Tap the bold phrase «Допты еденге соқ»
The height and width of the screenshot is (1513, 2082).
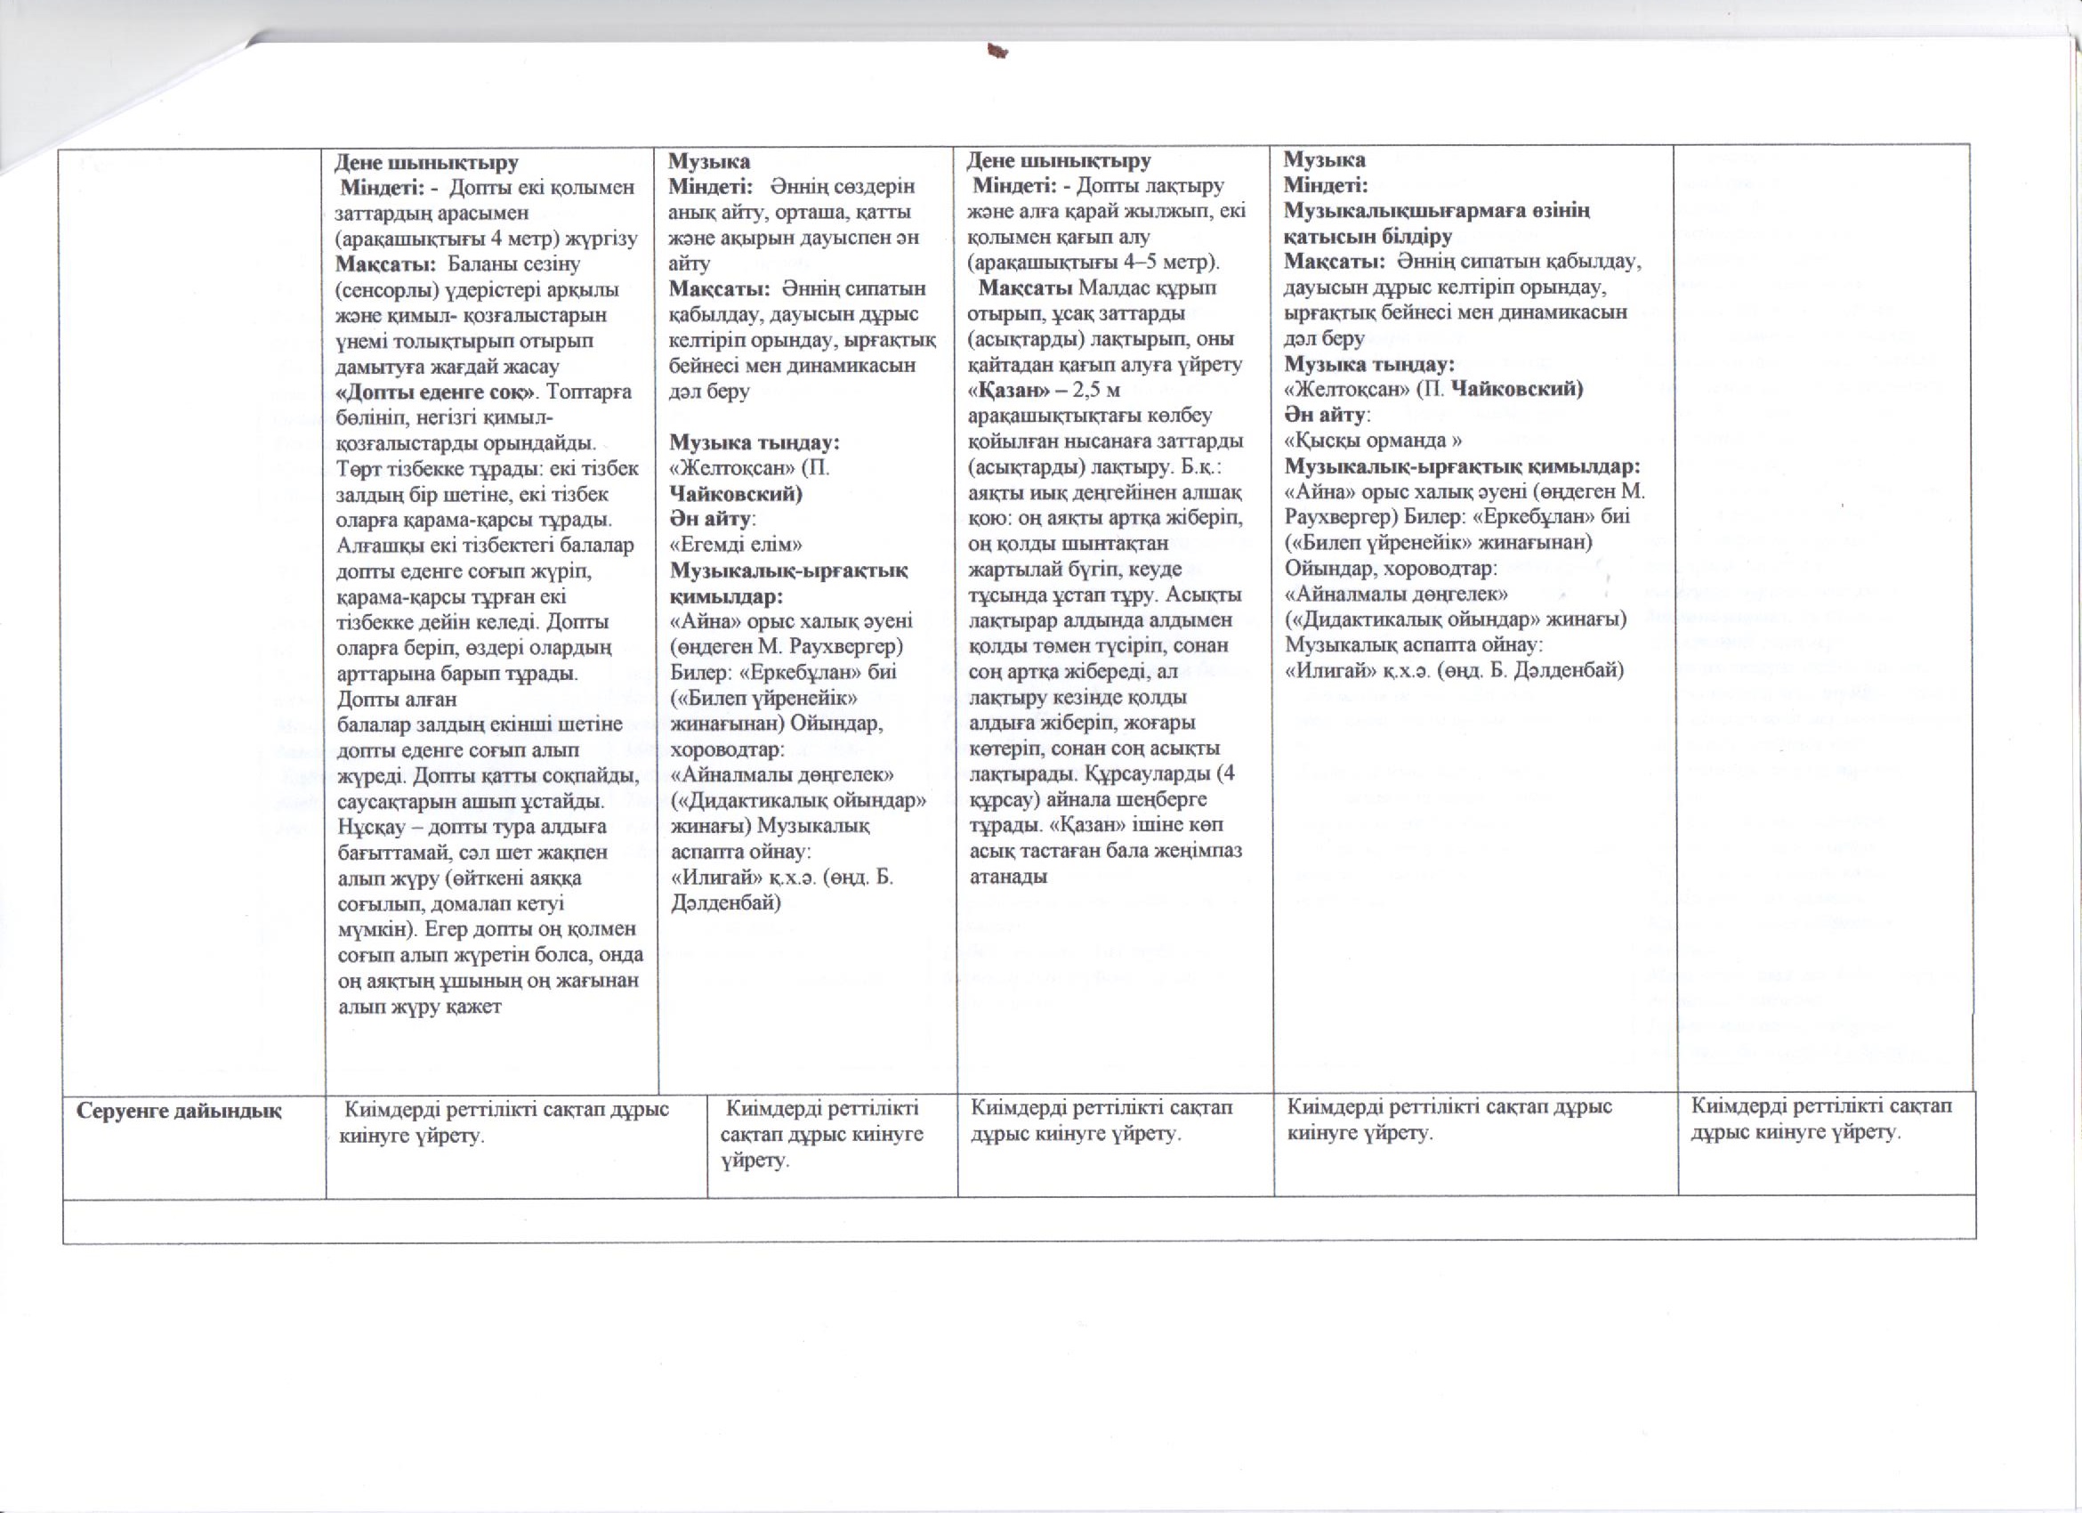[436, 392]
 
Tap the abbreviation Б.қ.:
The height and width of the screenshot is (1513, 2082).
[1193, 466]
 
